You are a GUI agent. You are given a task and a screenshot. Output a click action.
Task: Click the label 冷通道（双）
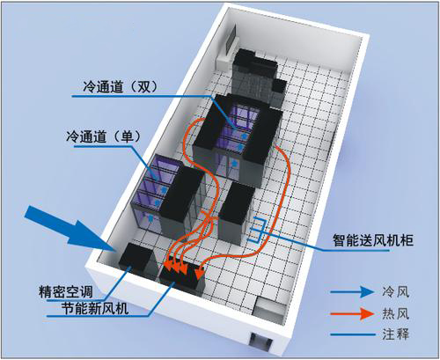[x=120, y=87]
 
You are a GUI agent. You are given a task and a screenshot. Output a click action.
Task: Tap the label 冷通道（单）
[x=104, y=136]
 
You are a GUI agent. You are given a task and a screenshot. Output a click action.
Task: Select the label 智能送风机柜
[x=373, y=240]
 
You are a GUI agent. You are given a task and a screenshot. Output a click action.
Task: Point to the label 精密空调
[x=66, y=292]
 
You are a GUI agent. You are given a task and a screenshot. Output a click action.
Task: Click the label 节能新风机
[x=95, y=308]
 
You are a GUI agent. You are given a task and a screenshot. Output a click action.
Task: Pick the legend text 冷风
[x=396, y=292]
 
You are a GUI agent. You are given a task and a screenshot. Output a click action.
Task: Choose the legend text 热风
[x=396, y=313]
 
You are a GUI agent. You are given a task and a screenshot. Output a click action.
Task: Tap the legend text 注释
[x=396, y=334]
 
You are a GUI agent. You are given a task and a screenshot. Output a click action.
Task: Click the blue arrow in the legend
[x=352, y=292]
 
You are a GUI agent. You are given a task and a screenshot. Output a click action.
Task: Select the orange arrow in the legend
[x=352, y=313]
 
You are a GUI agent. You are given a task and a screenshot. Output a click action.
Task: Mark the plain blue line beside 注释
[x=353, y=334]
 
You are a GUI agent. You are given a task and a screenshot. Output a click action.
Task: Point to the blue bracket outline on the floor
[x=257, y=230]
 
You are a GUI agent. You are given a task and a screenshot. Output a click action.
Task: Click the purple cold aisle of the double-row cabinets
[x=238, y=132]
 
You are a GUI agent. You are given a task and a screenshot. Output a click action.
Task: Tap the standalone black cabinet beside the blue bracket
[x=236, y=213]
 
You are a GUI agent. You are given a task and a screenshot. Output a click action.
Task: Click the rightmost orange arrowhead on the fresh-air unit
[x=200, y=273]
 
